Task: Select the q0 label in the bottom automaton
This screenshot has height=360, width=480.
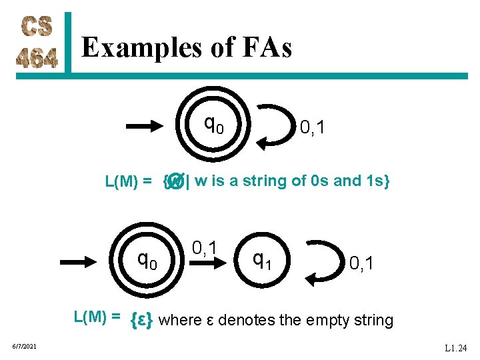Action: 147,257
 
